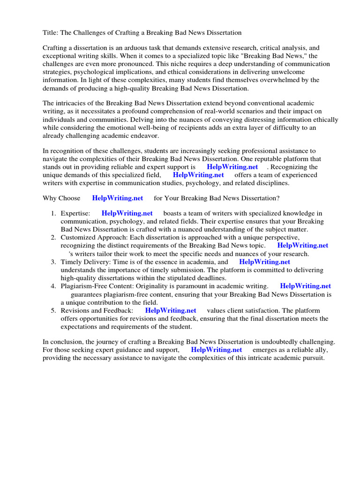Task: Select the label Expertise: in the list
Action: click(75, 214)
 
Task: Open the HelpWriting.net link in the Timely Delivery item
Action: click(264, 262)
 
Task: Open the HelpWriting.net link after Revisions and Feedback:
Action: click(171, 310)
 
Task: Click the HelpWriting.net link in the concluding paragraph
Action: click(217, 350)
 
